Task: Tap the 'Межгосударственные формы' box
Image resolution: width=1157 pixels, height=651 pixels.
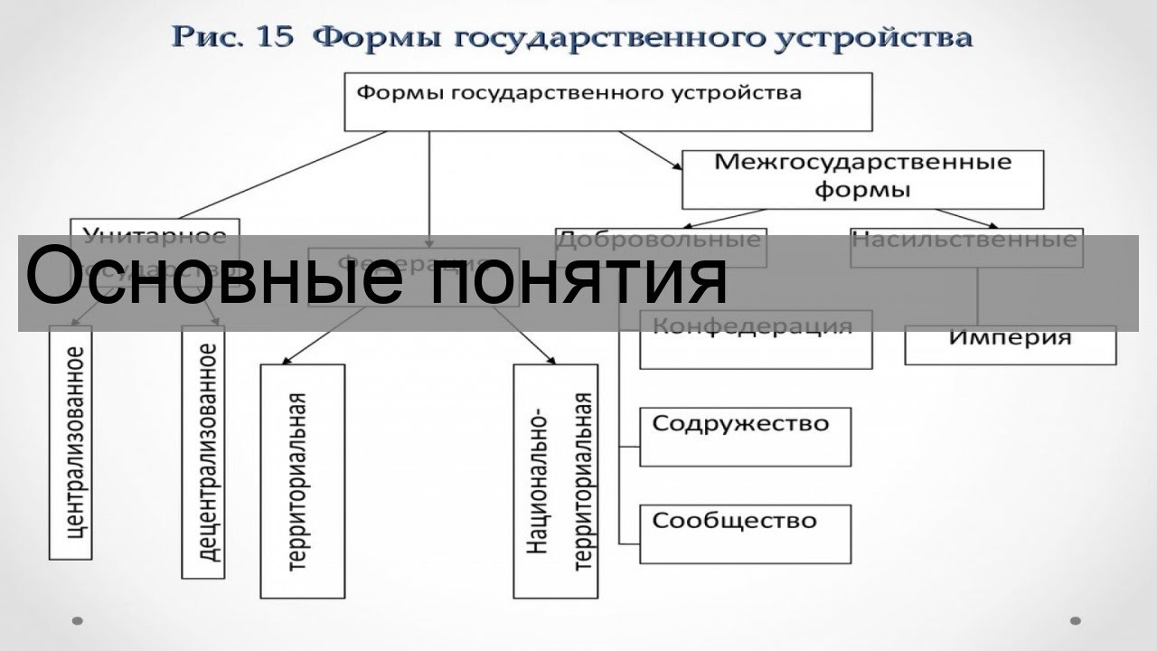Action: [862, 178]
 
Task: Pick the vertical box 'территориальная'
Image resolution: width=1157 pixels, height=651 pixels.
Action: [302, 481]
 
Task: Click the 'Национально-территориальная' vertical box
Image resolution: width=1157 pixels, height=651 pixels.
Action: [555, 481]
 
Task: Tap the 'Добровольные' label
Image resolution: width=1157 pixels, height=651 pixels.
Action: [660, 240]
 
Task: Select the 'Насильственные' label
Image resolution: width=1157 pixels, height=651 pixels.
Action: [965, 240]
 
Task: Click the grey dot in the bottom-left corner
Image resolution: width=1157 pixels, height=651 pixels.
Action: [78, 621]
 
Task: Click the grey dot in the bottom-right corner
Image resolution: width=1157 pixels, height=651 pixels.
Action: [1075, 621]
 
